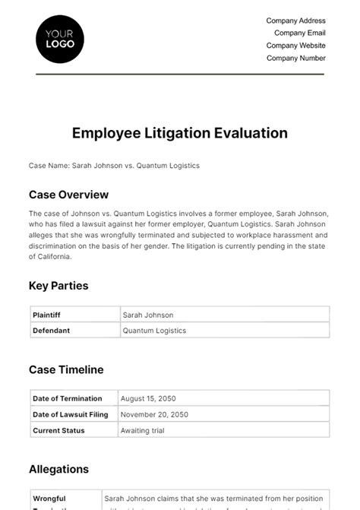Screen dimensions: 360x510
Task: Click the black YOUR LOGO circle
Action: click(60, 38)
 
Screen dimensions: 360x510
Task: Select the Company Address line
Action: click(295, 21)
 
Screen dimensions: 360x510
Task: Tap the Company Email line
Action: click(299, 33)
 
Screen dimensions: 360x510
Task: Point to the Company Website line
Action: click(295, 46)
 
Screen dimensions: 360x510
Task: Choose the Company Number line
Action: click(296, 58)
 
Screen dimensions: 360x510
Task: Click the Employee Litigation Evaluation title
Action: click(180, 133)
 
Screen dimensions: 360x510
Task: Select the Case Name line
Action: click(114, 166)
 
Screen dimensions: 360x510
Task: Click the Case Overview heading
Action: click(68, 195)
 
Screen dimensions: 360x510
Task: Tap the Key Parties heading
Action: click(58, 286)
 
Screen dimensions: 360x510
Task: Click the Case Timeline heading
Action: click(66, 369)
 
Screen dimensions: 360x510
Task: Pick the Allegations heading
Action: click(58, 469)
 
